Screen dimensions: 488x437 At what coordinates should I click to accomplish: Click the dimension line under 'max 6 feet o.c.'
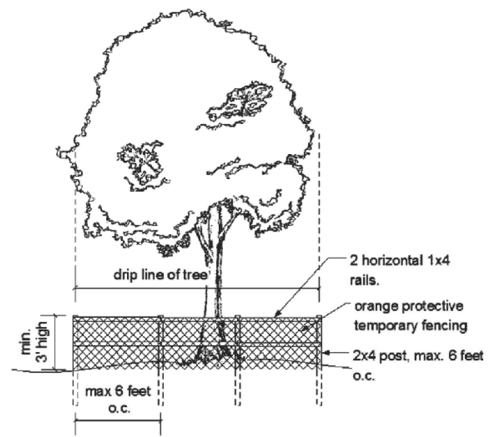[x=117, y=420]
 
